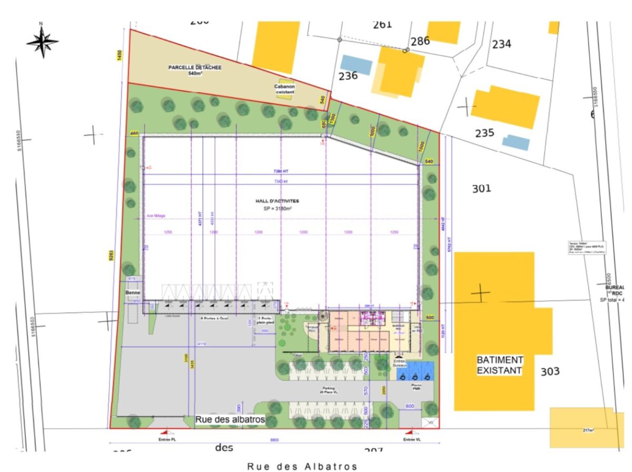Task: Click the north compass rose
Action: coord(42,41)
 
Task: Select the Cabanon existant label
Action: coord(284,89)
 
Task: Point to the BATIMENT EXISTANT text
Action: coord(499,365)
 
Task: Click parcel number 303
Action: coord(550,372)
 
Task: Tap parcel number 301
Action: coord(481,188)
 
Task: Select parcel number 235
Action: coord(485,133)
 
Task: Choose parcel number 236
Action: coord(348,76)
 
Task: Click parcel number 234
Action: coord(501,44)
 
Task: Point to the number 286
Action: coord(420,41)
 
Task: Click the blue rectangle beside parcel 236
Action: coord(356,64)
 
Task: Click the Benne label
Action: coord(132,292)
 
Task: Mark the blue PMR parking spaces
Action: coord(415,371)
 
